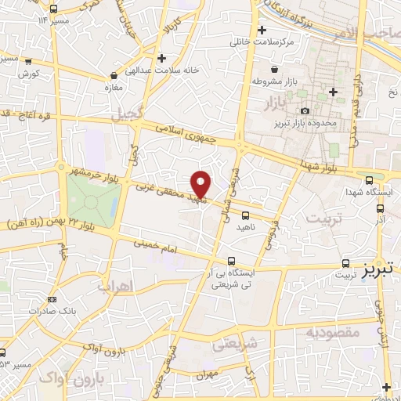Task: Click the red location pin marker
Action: coord(202,183)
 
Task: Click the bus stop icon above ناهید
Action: coord(246,214)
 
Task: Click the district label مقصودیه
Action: coord(331,334)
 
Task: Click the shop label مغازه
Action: coord(115,87)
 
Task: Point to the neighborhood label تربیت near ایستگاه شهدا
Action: coord(324,219)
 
